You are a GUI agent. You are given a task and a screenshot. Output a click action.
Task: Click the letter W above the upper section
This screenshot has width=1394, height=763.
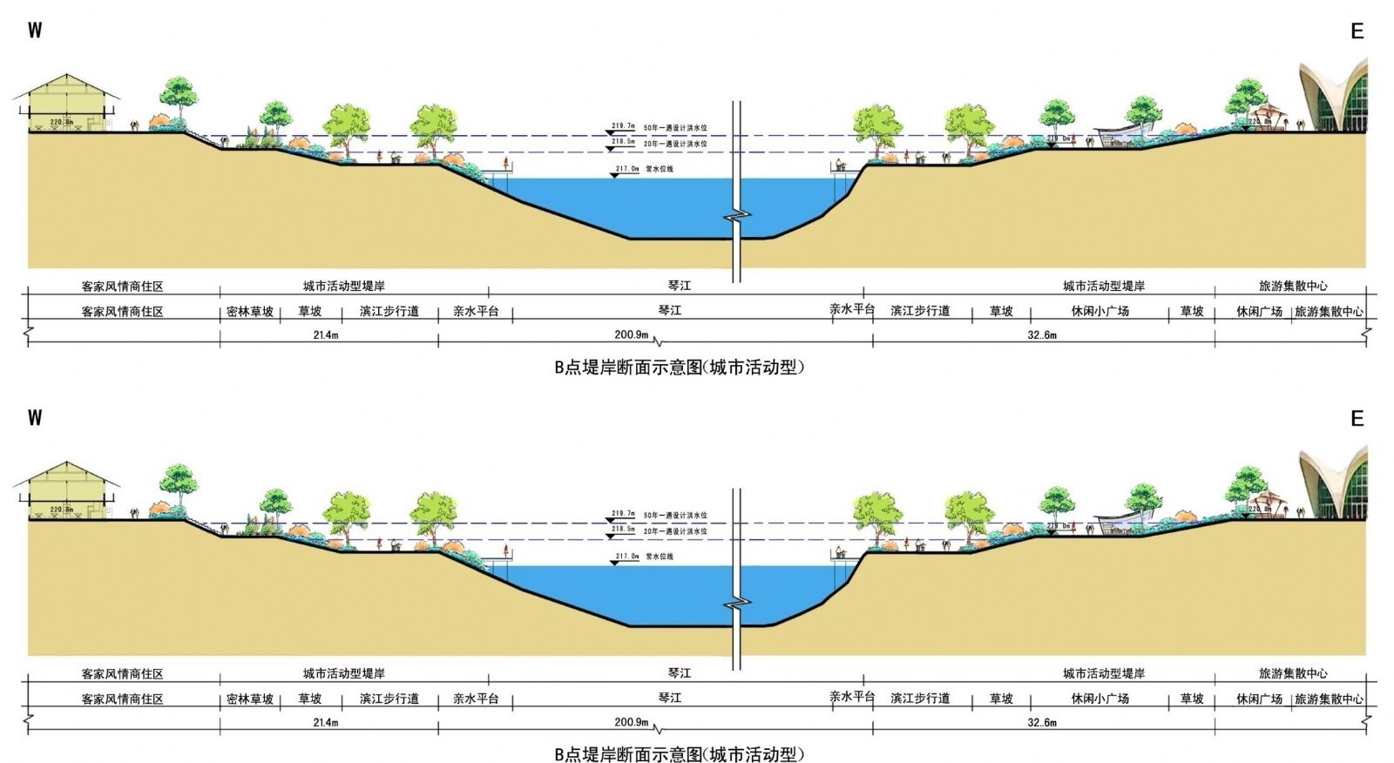pyautogui.click(x=35, y=30)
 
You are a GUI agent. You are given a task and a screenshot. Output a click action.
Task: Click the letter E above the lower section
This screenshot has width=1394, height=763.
pyautogui.click(x=1357, y=419)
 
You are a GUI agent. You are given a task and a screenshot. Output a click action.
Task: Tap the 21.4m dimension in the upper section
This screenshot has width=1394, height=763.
pyautogui.click(x=326, y=335)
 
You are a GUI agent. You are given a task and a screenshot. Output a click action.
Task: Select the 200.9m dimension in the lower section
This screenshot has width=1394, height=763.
pyautogui.click(x=631, y=722)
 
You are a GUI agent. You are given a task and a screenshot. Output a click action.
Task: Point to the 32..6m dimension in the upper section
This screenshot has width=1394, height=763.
pyautogui.click(x=1042, y=335)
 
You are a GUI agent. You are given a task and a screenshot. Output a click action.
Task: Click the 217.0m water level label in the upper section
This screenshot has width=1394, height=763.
pyautogui.click(x=627, y=169)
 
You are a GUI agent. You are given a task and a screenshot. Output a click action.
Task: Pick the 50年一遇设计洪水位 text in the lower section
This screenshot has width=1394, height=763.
pyautogui.click(x=675, y=516)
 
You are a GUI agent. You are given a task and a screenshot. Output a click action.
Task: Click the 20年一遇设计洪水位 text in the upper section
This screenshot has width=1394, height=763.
pyautogui.click(x=675, y=144)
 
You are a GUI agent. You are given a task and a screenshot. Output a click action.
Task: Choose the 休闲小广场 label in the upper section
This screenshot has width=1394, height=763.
pyautogui.click(x=1100, y=311)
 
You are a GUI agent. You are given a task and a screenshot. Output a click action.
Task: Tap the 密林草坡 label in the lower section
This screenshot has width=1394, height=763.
pyautogui.click(x=250, y=699)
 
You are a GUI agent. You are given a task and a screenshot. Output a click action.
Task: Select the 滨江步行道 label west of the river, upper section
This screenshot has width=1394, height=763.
pyautogui.click(x=389, y=311)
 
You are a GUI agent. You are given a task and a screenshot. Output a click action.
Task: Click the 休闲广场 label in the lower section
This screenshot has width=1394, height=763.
pyautogui.click(x=1259, y=699)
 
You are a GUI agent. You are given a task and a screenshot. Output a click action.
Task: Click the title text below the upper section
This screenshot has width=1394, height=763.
pyautogui.click(x=679, y=368)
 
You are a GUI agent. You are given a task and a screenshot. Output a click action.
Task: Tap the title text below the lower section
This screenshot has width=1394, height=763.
pyautogui.click(x=679, y=754)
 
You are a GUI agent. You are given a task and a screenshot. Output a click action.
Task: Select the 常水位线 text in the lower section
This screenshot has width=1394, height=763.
pyautogui.click(x=660, y=557)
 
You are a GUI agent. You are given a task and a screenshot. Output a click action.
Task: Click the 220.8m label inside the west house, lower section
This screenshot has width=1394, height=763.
pyautogui.click(x=62, y=510)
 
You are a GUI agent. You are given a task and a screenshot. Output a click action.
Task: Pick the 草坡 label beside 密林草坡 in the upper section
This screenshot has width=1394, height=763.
pyautogui.click(x=310, y=311)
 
